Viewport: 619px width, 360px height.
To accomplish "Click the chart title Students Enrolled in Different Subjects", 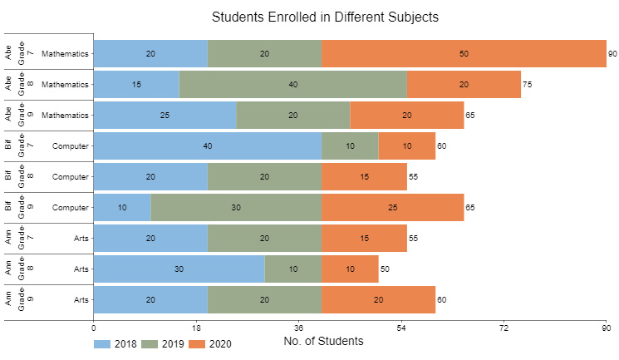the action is point(325,17).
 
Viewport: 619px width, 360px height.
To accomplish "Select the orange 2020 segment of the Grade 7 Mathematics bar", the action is point(464,53).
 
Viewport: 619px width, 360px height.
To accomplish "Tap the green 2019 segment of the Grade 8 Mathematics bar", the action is point(293,84).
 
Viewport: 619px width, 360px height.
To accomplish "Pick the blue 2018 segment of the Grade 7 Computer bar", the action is point(208,145).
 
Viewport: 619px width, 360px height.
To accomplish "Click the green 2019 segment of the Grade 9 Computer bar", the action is point(236,208).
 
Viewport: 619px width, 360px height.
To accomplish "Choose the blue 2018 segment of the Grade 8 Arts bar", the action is point(179,269).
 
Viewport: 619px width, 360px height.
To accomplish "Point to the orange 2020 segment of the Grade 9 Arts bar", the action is point(379,299).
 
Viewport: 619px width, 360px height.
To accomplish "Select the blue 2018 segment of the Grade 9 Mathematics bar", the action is point(165,115).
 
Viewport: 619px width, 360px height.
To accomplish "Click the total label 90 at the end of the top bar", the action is point(612,54).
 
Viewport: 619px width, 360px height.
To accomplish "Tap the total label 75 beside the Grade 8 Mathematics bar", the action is point(527,85).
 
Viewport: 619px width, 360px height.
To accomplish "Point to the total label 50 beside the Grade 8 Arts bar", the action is point(385,269).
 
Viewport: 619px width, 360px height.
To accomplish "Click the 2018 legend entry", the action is point(115,344).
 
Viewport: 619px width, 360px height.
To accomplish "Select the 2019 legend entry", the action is point(163,344).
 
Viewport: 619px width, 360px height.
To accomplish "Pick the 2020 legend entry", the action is point(210,344).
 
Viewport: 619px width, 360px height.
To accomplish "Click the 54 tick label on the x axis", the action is point(401,328).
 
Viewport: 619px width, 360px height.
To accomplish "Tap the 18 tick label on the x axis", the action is point(196,328).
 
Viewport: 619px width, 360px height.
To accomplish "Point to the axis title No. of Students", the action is point(323,341).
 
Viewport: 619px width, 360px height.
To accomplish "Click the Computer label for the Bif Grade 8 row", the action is point(71,176).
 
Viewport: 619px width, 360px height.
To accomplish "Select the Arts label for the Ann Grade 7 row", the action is point(81,239).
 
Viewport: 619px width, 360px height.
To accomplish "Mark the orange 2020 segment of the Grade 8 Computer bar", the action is point(365,176).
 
